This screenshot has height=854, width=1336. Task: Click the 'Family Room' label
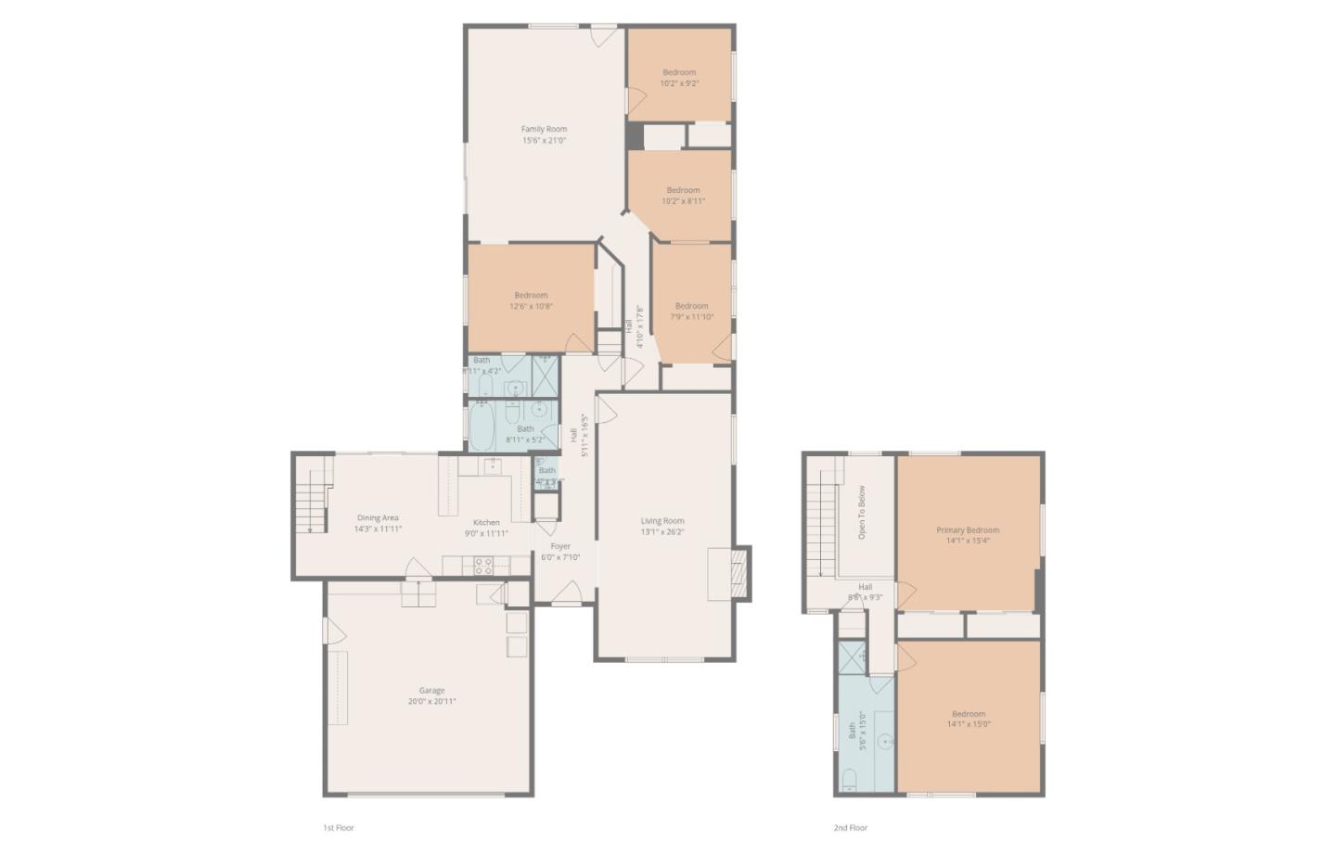pos(543,130)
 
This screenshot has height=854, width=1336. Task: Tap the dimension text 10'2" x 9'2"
pos(679,83)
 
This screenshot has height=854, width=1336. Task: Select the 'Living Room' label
pos(662,521)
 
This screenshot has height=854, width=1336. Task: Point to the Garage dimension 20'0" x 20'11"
pos(431,702)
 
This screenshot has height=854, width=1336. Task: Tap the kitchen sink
pos(492,465)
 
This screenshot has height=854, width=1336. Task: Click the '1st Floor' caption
pos(338,828)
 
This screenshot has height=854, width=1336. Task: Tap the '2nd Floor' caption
pos(850,828)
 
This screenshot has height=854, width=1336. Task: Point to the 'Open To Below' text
pos(862,513)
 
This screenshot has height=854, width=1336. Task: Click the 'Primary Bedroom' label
pos(968,530)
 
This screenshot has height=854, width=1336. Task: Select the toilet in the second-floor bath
pos(849,778)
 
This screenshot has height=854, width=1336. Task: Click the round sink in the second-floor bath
pos(886,742)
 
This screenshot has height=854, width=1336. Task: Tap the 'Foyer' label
pos(560,546)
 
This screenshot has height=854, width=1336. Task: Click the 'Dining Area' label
pos(378,518)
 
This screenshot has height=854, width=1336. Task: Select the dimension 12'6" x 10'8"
pos(531,307)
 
